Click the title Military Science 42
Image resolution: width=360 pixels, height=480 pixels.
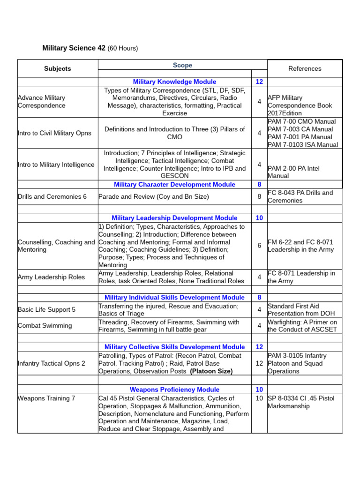[74, 48]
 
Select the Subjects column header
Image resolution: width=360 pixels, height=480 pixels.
[58, 68]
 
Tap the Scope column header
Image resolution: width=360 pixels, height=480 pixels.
[182, 65]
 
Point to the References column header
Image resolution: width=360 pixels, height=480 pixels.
[305, 68]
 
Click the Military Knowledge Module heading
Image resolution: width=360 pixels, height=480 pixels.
[174, 82]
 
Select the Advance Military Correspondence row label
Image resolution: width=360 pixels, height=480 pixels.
[41, 102]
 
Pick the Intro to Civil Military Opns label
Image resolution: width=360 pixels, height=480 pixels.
[54, 133]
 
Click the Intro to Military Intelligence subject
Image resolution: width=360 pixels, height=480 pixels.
[56, 165]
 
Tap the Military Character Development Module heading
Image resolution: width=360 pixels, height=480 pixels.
[174, 184]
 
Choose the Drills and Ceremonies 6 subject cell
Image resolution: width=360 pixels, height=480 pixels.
[52, 196]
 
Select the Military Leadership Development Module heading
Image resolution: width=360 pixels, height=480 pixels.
[174, 218]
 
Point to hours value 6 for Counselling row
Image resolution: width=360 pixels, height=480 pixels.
[259, 246]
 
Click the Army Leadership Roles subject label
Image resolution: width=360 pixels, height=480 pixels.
[51, 277]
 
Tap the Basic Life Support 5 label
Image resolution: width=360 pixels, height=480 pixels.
[46, 310]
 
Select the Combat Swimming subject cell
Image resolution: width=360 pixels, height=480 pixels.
[45, 326]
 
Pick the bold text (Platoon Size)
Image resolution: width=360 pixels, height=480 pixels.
[211, 371]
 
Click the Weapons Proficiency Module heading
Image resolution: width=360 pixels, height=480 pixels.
[174, 390]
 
